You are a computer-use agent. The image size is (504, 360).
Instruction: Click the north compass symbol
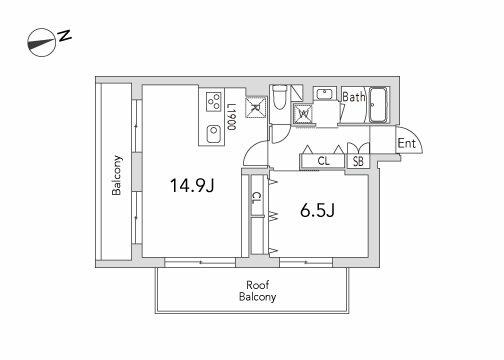click(x=41, y=42)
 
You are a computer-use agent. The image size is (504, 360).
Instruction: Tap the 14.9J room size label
click(x=192, y=185)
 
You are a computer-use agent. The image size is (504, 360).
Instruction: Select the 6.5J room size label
click(x=317, y=210)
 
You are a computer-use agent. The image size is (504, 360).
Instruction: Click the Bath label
click(x=354, y=97)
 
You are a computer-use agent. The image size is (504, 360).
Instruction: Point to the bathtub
click(x=379, y=105)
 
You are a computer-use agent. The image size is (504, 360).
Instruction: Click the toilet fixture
click(x=278, y=97)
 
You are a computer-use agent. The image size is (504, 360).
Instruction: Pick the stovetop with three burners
click(x=214, y=101)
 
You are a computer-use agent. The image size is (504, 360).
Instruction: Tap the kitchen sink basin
click(x=213, y=134)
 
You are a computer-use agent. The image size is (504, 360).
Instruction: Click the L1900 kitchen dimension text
click(x=231, y=116)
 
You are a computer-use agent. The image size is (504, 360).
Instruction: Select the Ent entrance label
click(x=407, y=143)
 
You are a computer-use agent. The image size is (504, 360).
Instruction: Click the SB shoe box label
click(x=358, y=161)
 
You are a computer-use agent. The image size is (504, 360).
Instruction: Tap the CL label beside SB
click(x=323, y=161)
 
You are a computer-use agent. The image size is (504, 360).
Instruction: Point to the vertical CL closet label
click(x=256, y=199)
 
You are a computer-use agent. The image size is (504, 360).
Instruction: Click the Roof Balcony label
click(x=257, y=291)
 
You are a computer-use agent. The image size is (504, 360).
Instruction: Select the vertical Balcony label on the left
click(x=117, y=175)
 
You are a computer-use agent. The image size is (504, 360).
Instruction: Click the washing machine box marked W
click(x=303, y=114)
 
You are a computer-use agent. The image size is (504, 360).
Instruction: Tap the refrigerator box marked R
click(x=256, y=107)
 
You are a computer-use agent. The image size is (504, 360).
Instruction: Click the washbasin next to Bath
click(x=324, y=94)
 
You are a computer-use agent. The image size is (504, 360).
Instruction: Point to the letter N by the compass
click(x=65, y=36)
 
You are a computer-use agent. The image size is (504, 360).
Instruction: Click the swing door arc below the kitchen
click(x=252, y=149)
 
